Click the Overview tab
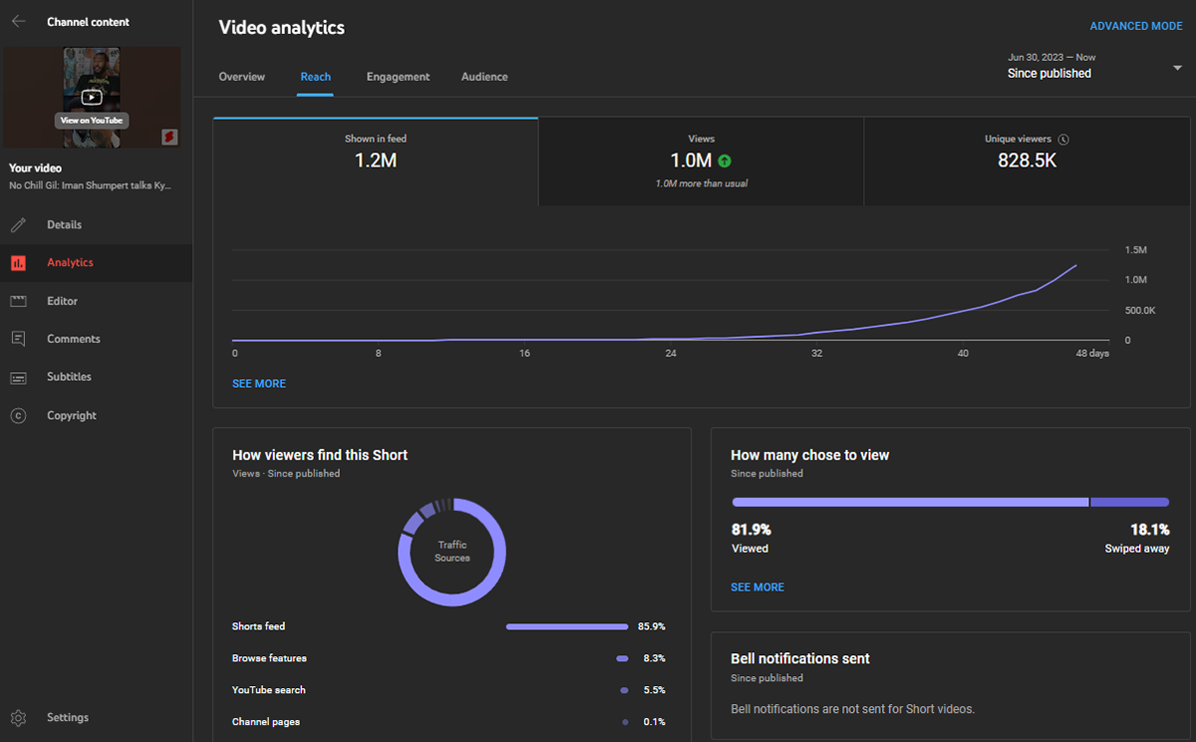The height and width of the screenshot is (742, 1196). tap(241, 77)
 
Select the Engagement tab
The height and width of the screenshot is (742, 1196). tap(398, 77)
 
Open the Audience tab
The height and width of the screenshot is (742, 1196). tap(484, 77)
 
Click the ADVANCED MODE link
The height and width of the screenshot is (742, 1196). tap(1135, 26)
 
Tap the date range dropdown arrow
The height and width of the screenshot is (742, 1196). tap(1177, 68)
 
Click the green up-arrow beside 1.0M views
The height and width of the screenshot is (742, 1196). tap(725, 161)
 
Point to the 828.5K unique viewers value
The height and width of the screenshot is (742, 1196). tap(1027, 160)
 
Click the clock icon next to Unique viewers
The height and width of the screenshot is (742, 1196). tap(1063, 140)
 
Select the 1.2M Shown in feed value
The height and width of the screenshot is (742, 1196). tap(376, 160)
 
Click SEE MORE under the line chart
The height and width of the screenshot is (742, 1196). tap(259, 383)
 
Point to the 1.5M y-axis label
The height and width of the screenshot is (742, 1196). tap(1135, 249)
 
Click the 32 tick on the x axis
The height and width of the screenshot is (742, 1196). tap(816, 354)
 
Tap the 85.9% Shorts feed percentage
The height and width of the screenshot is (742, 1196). tap(651, 626)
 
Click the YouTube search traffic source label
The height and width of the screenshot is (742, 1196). tap(269, 690)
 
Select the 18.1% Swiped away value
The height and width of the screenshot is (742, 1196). tap(1150, 530)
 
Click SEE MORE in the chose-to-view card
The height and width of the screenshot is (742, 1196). tap(757, 587)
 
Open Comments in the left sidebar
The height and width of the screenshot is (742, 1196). tap(73, 339)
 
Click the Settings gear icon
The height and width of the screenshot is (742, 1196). tap(18, 718)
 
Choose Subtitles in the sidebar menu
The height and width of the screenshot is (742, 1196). tap(69, 377)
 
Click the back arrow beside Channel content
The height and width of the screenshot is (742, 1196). tap(18, 21)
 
